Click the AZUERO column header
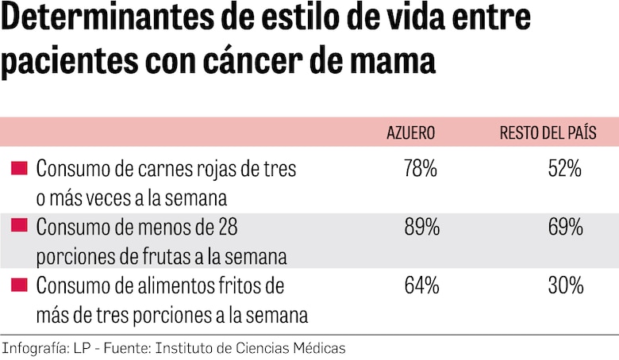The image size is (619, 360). tap(410, 132)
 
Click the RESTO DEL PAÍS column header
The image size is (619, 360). tap(548, 132)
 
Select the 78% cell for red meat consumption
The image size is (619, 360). tap(420, 168)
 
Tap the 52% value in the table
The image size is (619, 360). tap(565, 168)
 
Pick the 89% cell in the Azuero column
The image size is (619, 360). tap(420, 228)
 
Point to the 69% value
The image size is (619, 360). tap(565, 228)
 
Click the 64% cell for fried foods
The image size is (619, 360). tap(420, 285)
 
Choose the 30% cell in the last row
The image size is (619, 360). tap(565, 285)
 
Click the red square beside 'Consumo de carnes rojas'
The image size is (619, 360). tap(20, 168)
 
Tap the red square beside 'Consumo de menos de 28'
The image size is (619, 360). tap(20, 228)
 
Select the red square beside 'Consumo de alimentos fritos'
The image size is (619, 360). tap(20, 285)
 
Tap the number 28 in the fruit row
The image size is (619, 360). tap(227, 228)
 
